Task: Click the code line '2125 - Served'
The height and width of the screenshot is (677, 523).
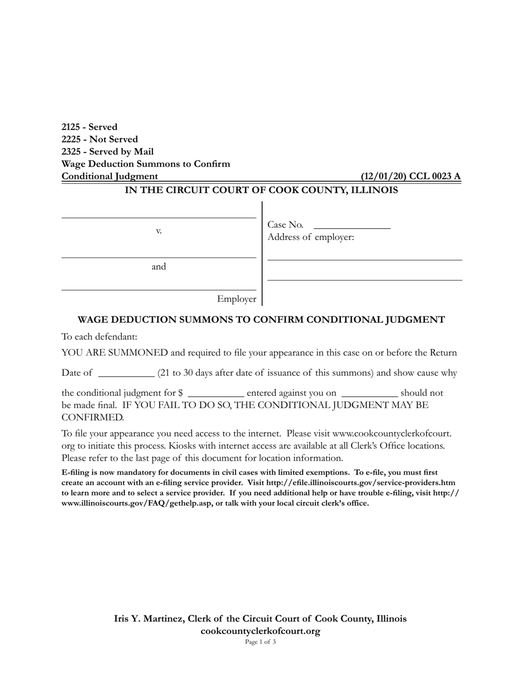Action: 89,127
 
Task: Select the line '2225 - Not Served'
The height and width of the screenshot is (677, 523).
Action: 100,139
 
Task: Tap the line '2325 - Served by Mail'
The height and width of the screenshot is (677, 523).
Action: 107,151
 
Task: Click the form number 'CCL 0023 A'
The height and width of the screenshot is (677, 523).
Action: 434,176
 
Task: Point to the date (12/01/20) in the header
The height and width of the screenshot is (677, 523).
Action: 383,176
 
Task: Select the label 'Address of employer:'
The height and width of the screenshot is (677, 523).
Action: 310,237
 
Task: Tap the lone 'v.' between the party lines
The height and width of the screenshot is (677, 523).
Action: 159,231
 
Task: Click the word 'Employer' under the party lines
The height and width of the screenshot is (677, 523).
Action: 236,299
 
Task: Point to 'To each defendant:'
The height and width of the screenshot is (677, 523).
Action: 99,336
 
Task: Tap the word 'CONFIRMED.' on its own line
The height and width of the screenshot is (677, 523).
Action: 92,417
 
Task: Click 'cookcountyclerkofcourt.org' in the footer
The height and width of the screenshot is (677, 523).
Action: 260,631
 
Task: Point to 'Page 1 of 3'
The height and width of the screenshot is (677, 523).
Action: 260,642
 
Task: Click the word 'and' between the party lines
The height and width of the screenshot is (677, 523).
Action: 159,267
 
